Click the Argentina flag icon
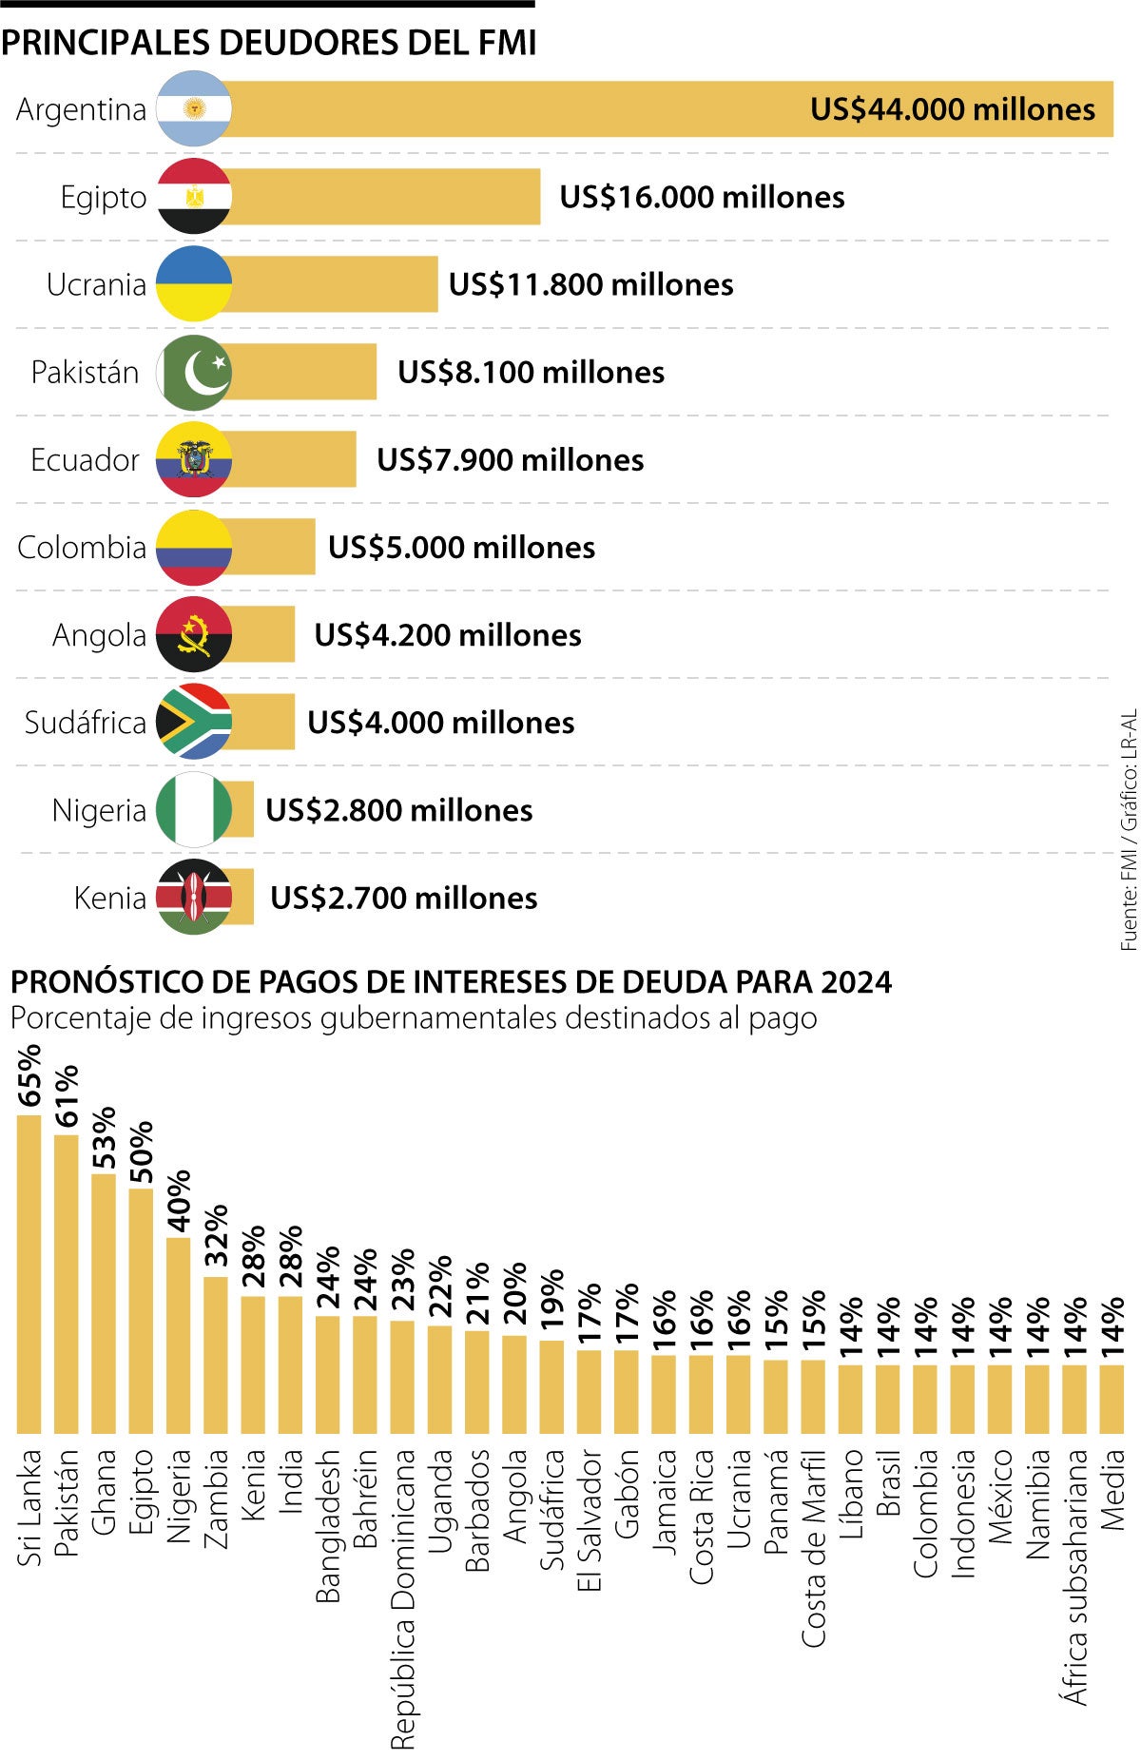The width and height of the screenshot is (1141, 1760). (194, 109)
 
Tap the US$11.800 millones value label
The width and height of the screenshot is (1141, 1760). (590, 284)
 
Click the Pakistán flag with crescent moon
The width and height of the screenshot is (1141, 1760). (194, 372)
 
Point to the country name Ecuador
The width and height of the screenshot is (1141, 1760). (85, 460)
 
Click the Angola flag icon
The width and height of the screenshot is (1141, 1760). (194, 634)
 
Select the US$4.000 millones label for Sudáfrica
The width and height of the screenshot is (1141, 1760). (440, 723)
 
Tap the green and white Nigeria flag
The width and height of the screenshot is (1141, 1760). (194, 810)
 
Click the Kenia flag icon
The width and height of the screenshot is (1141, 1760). (194, 898)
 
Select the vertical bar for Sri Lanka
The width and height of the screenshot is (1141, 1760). (29, 1274)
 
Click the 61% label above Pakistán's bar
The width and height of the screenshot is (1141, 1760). (67, 1096)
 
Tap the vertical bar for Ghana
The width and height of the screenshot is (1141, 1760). (104, 1304)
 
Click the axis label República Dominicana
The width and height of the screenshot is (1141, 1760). (403, 1597)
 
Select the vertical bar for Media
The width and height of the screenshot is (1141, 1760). (1112, 1399)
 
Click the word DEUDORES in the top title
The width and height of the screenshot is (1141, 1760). (306, 43)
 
